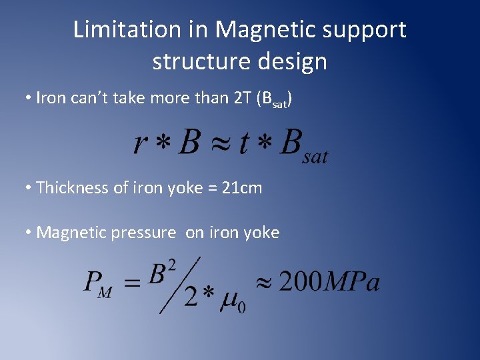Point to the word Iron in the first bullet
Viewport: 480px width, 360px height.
(x=50, y=99)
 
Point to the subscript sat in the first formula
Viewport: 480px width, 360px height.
(x=315, y=157)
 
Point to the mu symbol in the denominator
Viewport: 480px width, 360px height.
(x=230, y=297)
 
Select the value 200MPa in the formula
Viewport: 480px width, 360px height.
(x=329, y=281)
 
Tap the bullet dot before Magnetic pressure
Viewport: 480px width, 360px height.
(x=28, y=233)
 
